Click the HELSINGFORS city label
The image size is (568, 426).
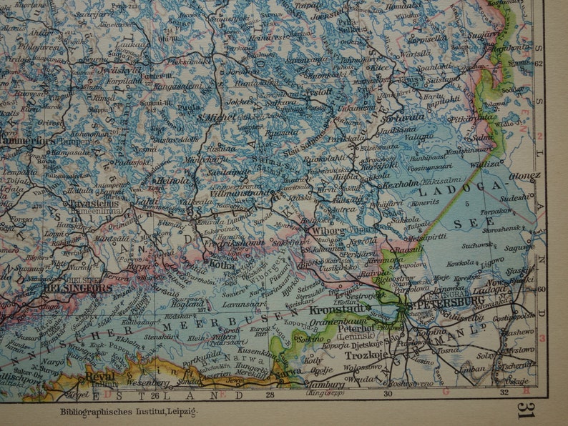[x=77, y=288]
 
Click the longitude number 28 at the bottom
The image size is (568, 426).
[x=270, y=394]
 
